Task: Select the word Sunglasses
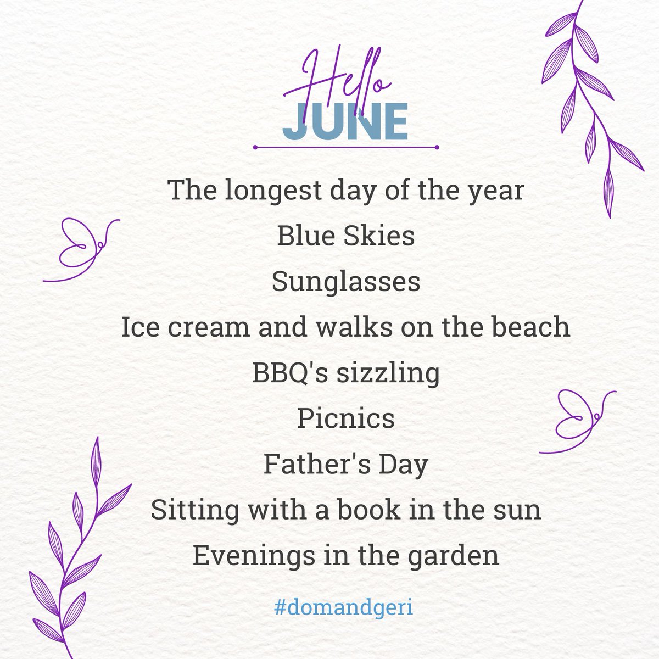click(346, 282)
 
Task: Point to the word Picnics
click(346, 420)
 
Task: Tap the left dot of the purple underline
click(255, 147)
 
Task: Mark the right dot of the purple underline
click(436, 147)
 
